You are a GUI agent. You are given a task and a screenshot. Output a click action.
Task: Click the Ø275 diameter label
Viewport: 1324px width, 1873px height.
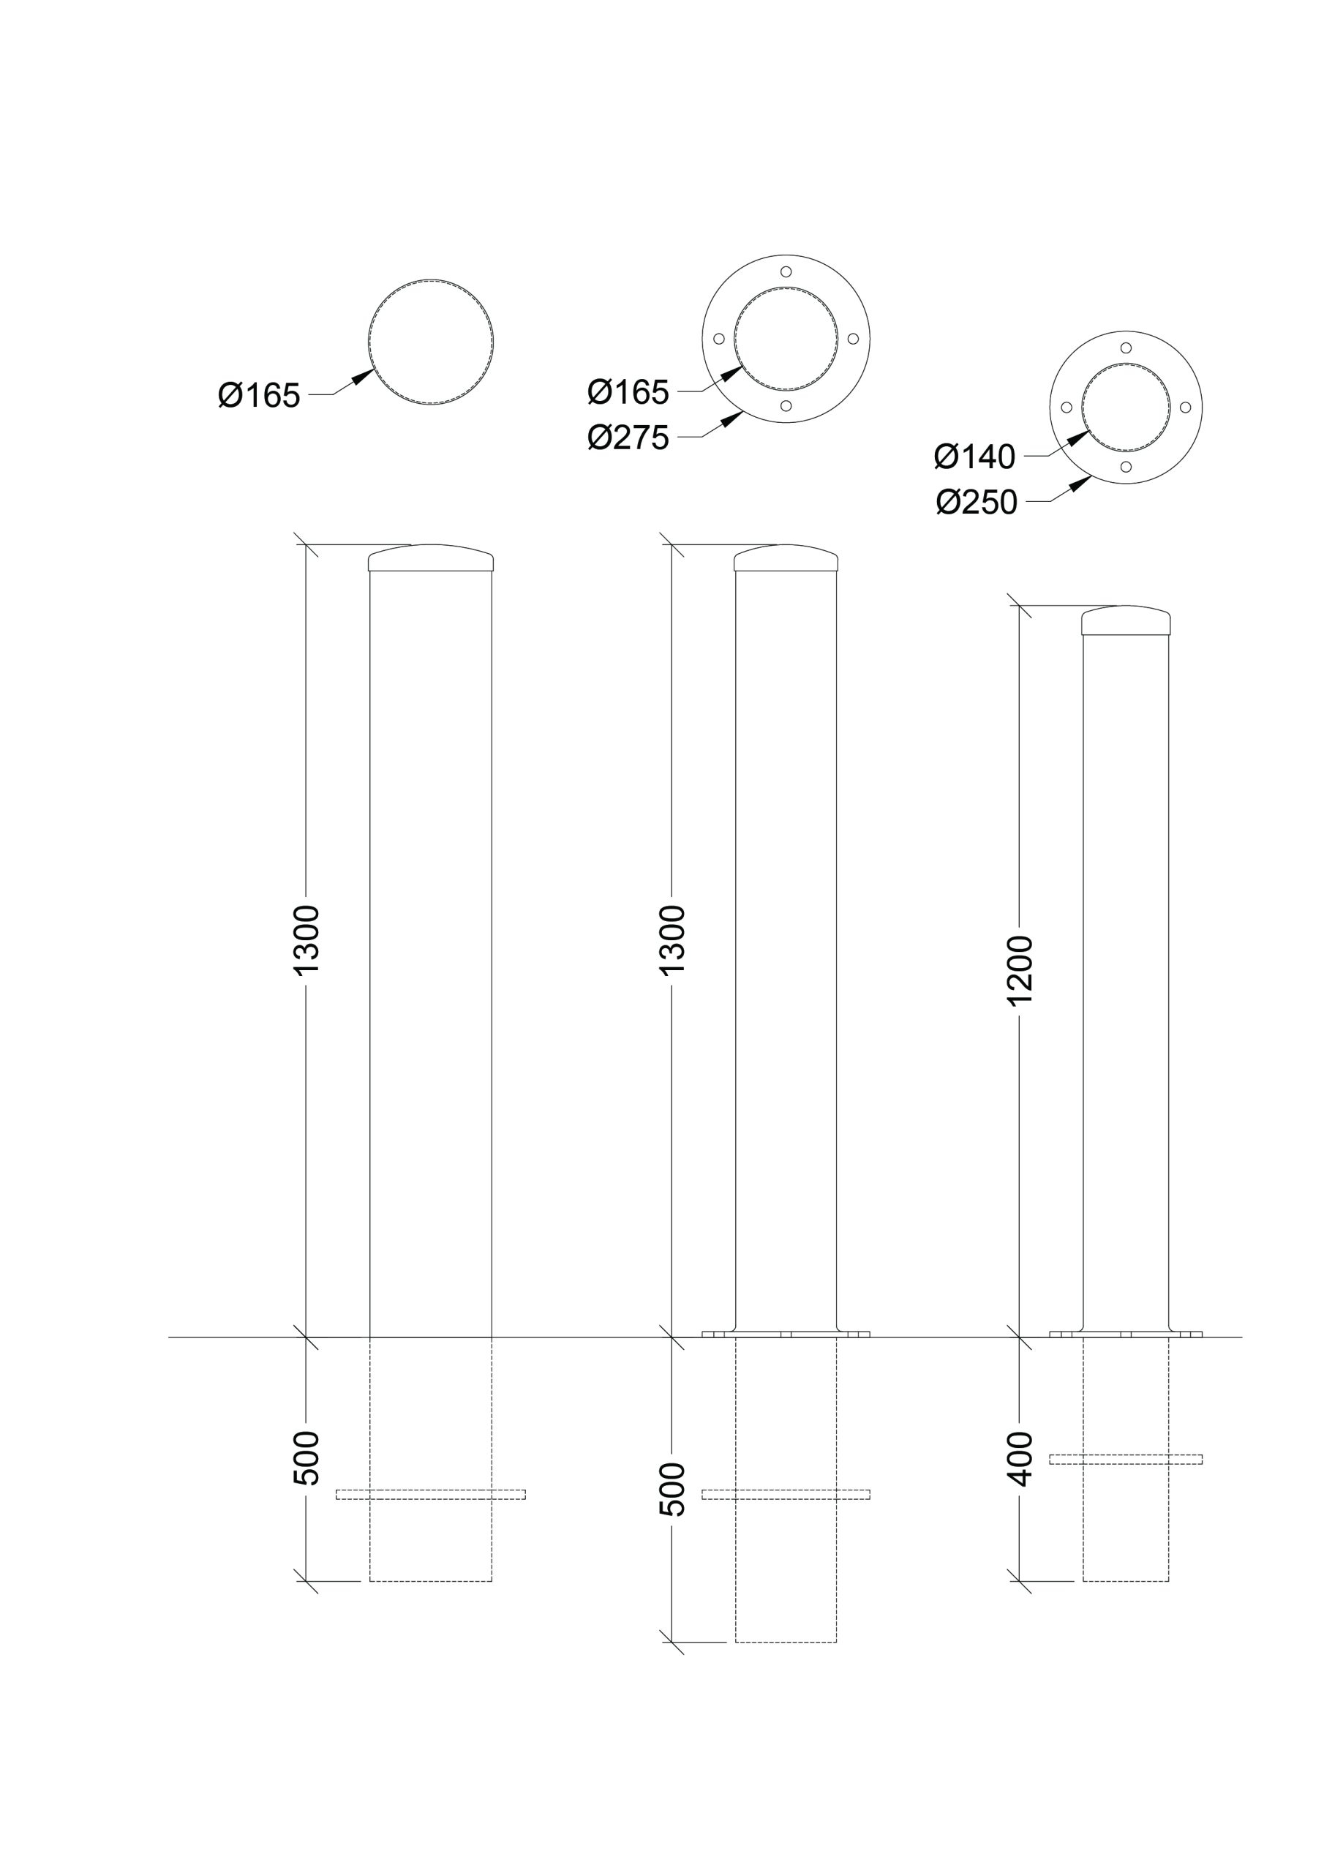pos(628,438)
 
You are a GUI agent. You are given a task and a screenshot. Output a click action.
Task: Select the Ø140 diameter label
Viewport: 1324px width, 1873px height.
pos(974,457)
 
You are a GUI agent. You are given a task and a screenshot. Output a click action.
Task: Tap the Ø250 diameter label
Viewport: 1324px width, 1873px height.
pos(977,503)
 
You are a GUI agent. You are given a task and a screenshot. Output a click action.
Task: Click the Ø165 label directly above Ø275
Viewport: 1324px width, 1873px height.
pos(628,392)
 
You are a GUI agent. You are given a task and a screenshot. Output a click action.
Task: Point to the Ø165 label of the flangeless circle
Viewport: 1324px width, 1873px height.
pos(260,396)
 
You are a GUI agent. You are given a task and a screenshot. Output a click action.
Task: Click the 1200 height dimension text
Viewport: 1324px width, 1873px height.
pos(1020,971)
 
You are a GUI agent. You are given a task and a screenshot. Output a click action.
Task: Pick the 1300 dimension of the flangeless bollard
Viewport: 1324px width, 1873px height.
pos(306,939)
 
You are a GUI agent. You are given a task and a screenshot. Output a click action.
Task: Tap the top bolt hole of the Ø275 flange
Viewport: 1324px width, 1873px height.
pos(786,271)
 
